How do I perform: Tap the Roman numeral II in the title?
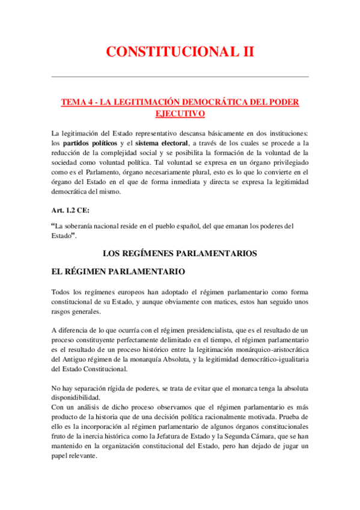(246, 52)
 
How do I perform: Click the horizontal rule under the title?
(180, 77)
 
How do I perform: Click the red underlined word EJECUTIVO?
(180, 114)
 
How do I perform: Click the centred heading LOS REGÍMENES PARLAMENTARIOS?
(180, 253)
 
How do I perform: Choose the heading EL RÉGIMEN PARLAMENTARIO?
(114, 272)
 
